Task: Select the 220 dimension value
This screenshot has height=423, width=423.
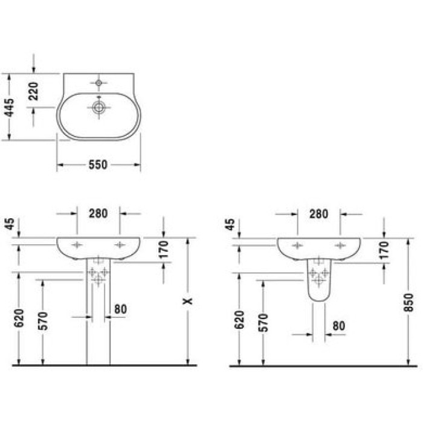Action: (34, 90)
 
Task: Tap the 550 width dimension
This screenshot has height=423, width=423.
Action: (98, 165)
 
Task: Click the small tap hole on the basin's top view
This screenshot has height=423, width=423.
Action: (98, 82)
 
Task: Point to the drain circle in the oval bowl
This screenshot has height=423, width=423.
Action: (98, 108)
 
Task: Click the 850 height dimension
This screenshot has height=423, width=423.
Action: (410, 301)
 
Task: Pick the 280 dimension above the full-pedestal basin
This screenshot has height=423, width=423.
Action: (98, 213)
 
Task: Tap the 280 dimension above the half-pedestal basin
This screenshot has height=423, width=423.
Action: (318, 213)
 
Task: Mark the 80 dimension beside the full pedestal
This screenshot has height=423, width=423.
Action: (120, 309)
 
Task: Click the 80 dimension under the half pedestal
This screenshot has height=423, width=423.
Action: (339, 326)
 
